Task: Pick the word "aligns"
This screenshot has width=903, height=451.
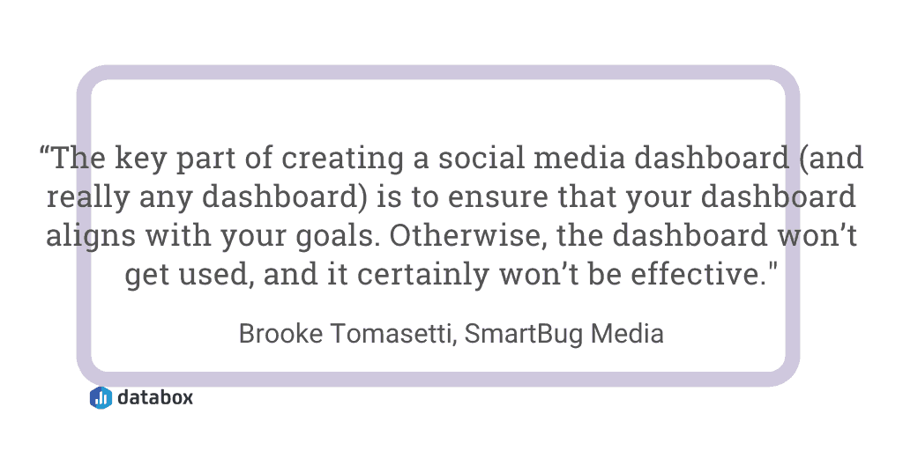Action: coord(91,236)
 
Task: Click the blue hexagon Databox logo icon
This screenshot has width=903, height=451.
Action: coord(101,397)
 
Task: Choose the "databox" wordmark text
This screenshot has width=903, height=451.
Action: coord(155,397)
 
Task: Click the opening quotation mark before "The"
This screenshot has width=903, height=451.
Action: coord(45,152)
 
